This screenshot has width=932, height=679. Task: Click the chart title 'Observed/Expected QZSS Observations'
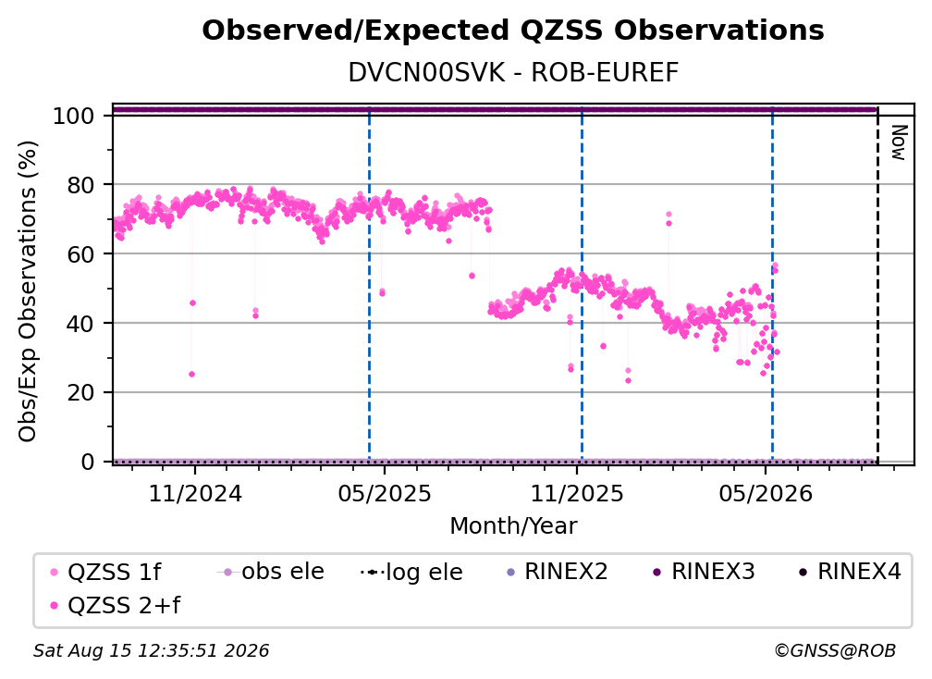513,31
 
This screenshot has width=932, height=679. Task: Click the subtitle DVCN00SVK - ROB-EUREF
513,72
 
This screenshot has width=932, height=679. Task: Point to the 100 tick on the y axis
73,116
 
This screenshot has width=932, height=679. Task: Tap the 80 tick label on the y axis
80,185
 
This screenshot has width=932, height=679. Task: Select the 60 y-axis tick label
80,253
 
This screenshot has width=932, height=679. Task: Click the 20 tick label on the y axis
80,392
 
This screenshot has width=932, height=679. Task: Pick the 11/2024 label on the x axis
195,493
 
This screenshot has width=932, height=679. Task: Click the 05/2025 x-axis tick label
385,493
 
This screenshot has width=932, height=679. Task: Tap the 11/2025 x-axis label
577,493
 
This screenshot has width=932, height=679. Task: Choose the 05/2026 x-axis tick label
766,493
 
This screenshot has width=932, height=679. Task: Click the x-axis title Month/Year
513,526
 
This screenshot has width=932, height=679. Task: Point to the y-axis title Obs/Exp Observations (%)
28,291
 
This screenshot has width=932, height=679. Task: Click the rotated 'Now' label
898,142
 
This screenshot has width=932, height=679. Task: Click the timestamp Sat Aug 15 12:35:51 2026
151,650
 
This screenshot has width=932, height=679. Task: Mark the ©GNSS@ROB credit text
835,650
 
